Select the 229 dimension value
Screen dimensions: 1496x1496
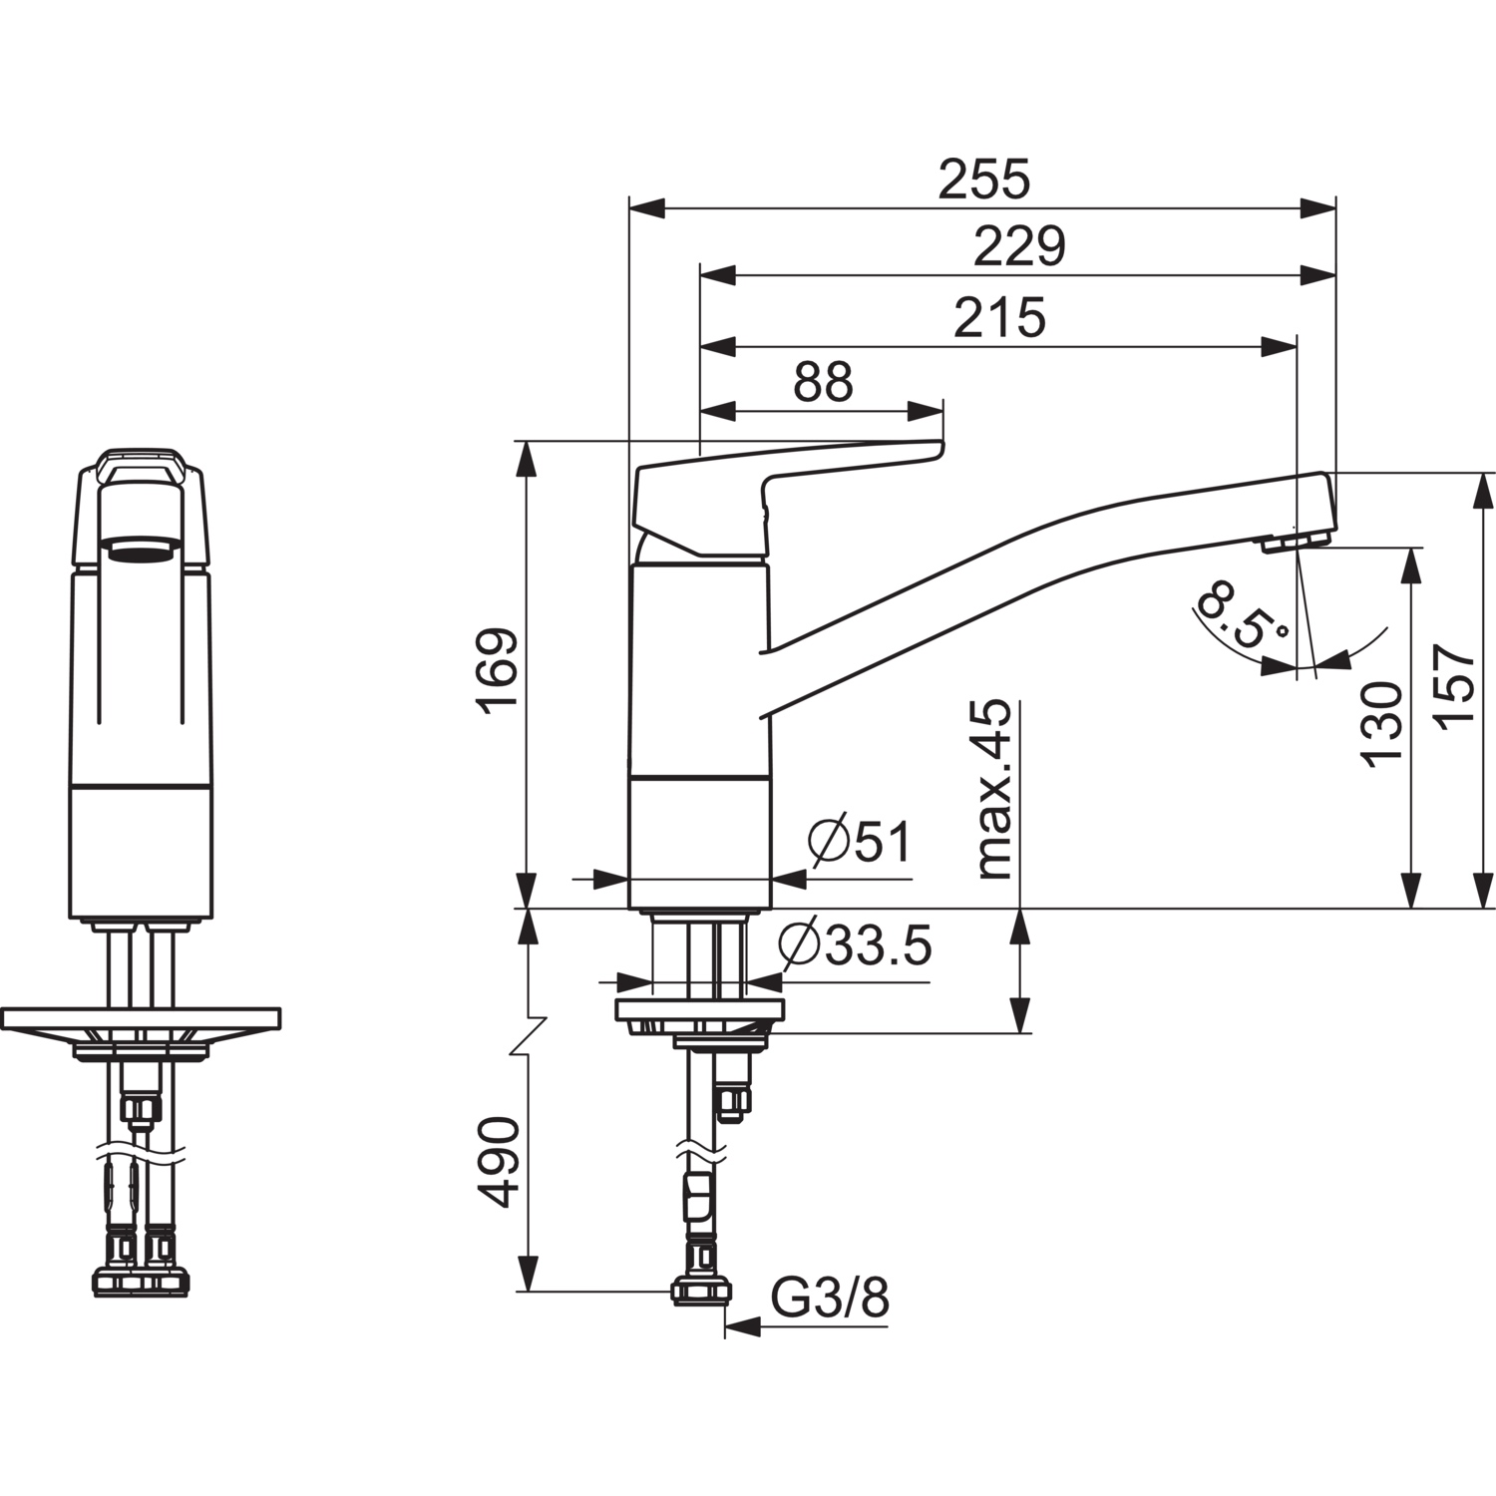click(1018, 247)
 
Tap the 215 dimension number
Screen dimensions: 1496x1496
click(999, 318)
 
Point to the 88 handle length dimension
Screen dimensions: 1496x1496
click(823, 382)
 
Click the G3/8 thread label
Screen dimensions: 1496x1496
click(830, 1299)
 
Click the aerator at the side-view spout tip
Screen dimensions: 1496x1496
click(1295, 542)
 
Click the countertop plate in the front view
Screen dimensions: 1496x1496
click(141, 1018)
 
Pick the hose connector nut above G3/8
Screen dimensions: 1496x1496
click(702, 1292)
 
